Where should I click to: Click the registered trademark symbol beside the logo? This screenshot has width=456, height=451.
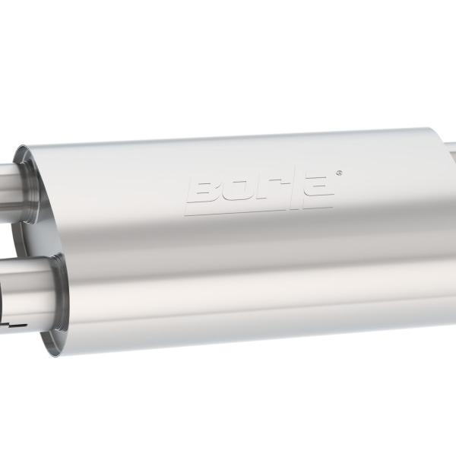click(x=339, y=173)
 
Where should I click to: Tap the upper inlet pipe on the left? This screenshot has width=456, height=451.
click(x=15, y=176)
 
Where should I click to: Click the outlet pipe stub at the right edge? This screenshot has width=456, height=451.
click(x=451, y=152)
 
